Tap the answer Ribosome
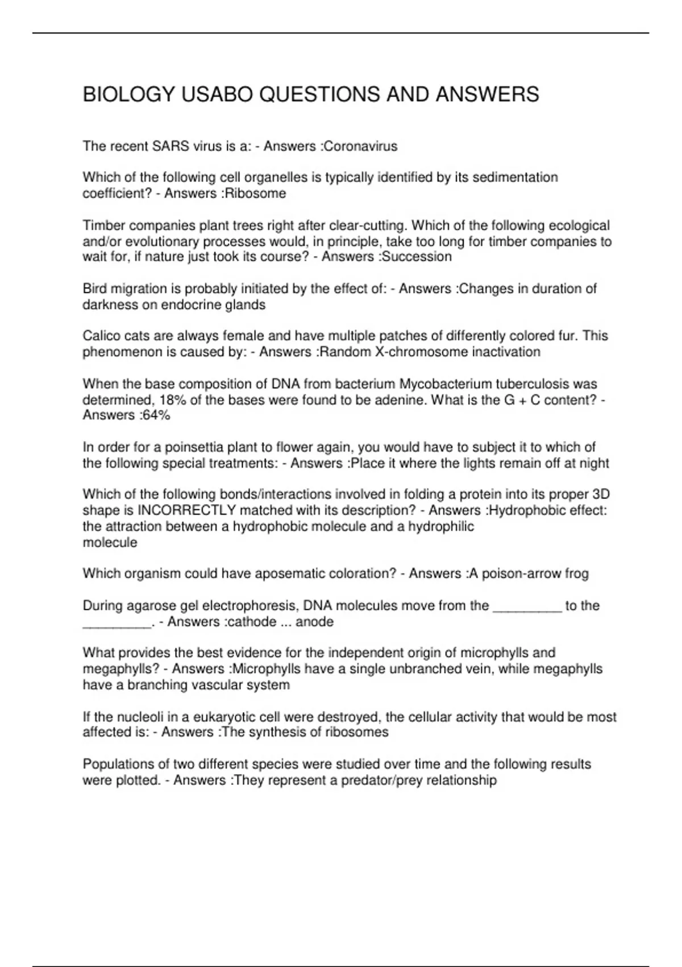[x=256, y=193]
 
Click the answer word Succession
[x=417, y=257]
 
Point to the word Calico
[x=101, y=336]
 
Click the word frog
[x=576, y=573]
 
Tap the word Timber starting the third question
[x=101, y=225]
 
